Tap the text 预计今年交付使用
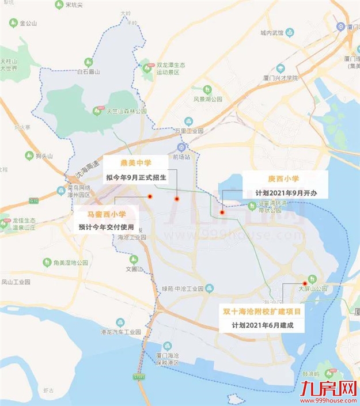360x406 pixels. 108,227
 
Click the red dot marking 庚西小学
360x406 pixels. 222,213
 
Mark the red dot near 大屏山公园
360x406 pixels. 305,283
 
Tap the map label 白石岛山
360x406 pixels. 89,72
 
